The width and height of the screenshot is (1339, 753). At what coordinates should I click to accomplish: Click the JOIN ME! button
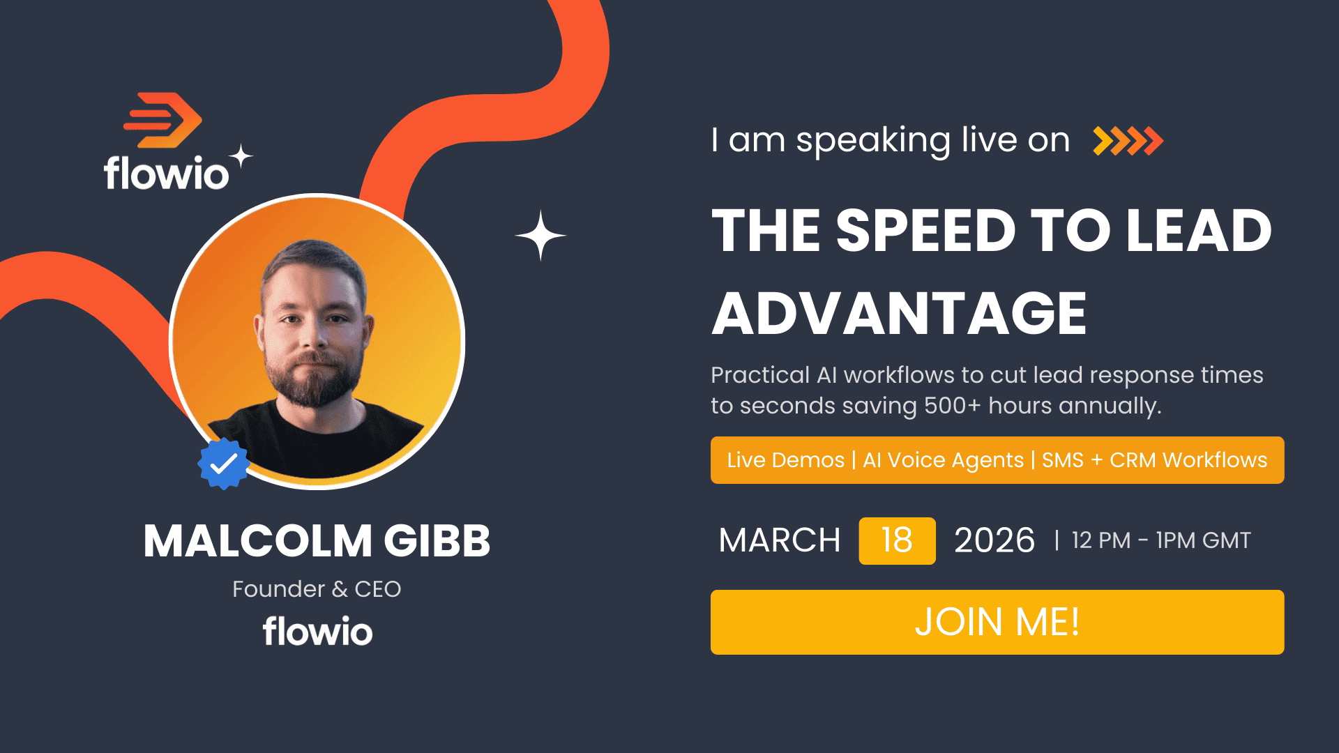pyautogui.click(x=997, y=622)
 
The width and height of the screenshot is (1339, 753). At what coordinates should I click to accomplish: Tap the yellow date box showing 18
pyautogui.click(x=897, y=540)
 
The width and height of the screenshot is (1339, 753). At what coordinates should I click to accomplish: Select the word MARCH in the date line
pyautogui.click(x=780, y=540)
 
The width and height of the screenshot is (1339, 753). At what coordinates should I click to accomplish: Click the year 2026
pyautogui.click(x=994, y=540)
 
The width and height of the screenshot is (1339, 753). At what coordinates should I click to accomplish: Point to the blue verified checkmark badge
pyautogui.click(x=223, y=464)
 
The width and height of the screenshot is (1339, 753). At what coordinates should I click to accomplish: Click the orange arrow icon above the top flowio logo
pyautogui.click(x=162, y=120)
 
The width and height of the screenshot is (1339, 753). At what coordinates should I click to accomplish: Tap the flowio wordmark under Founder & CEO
pyautogui.click(x=318, y=631)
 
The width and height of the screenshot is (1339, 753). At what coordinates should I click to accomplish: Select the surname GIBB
pyautogui.click(x=437, y=541)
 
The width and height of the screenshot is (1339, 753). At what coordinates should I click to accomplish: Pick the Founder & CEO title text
pyautogui.click(x=317, y=589)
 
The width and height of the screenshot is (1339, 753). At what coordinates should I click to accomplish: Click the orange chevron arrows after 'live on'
pyautogui.click(x=1128, y=141)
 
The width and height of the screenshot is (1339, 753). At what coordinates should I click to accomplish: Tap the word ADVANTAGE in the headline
pyautogui.click(x=900, y=314)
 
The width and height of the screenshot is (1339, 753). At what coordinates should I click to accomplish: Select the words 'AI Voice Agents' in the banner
pyautogui.click(x=943, y=460)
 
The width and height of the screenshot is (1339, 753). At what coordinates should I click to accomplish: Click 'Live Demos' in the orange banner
pyautogui.click(x=786, y=460)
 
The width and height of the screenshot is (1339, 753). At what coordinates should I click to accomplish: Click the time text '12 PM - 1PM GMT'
pyautogui.click(x=1161, y=540)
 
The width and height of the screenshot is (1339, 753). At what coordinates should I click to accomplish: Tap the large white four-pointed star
pyautogui.click(x=540, y=236)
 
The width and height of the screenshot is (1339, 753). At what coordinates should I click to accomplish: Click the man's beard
pyautogui.click(x=313, y=376)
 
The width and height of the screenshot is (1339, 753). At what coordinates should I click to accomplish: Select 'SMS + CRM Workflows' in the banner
pyautogui.click(x=1155, y=460)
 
